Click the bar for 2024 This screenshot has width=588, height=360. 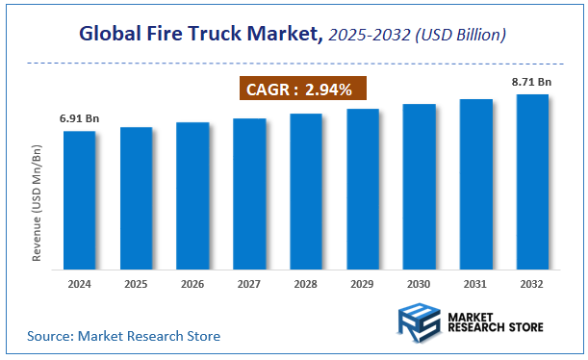click(80, 199)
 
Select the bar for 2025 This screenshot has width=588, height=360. click(137, 197)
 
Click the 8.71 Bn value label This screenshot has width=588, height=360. click(532, 83)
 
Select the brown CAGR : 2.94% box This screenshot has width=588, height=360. click(302, 90)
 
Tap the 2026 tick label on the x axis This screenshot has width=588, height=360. click(192, 285)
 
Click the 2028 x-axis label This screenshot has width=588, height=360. click(306, 285)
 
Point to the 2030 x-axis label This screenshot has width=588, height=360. click(420, 285)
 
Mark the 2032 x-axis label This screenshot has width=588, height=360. click(532, 285)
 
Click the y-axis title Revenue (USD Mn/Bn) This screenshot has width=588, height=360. click(37, 204)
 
